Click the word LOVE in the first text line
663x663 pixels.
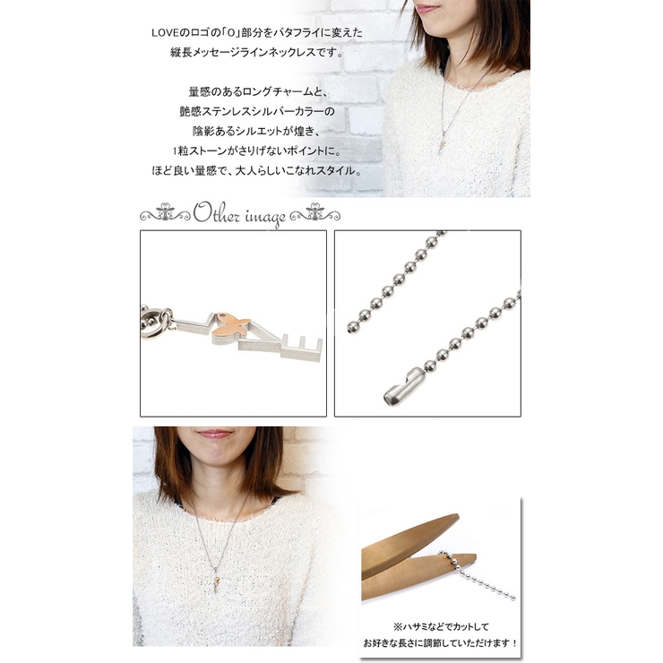(x=163, y=33)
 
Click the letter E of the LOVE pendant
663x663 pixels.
(x=301, y=349)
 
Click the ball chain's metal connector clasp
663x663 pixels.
(x=400, y=386)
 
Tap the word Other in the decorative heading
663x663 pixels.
(x=217, y=214)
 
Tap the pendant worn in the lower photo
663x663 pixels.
(x=217, y=579)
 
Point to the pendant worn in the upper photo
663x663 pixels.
(x=443, y=142)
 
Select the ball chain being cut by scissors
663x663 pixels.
(x=478, y=575)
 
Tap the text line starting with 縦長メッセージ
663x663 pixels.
(x=256, y=53)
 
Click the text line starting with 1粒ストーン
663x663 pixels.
(x=256, y=151)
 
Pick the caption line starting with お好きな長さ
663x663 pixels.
(x=440, y=643)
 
